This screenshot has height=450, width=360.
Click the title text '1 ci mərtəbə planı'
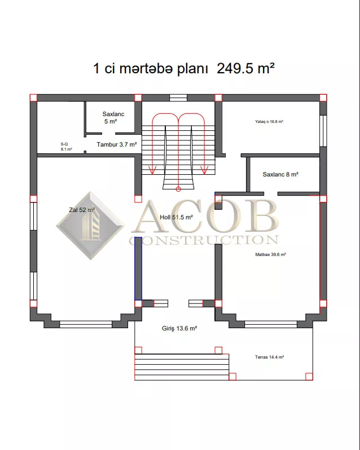pos(150,69)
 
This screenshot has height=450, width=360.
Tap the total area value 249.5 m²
pos(245,69)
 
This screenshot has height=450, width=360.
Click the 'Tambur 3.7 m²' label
pos(117,144)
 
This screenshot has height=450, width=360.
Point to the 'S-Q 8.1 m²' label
pos(67,147)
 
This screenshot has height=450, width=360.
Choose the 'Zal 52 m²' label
pos(82,210)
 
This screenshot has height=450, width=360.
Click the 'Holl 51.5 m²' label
pos(176,218)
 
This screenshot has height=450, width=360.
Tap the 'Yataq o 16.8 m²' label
pos(269,122)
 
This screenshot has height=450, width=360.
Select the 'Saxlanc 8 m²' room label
pos(280,174)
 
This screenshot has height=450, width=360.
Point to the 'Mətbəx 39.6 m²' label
pos(270,254)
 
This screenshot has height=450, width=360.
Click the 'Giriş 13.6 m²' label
pos(179,329)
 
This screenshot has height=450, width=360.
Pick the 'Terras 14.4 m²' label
pos(269,358)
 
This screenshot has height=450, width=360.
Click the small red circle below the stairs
pos(178,189)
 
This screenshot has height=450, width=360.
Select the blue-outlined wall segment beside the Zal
pos(138,268)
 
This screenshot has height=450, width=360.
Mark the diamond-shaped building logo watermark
pos(91,226)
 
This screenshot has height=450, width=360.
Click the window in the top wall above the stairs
pos(178,98)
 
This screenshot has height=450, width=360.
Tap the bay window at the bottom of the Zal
pos(86,325)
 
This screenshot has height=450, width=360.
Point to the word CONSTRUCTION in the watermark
pos(204,240)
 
